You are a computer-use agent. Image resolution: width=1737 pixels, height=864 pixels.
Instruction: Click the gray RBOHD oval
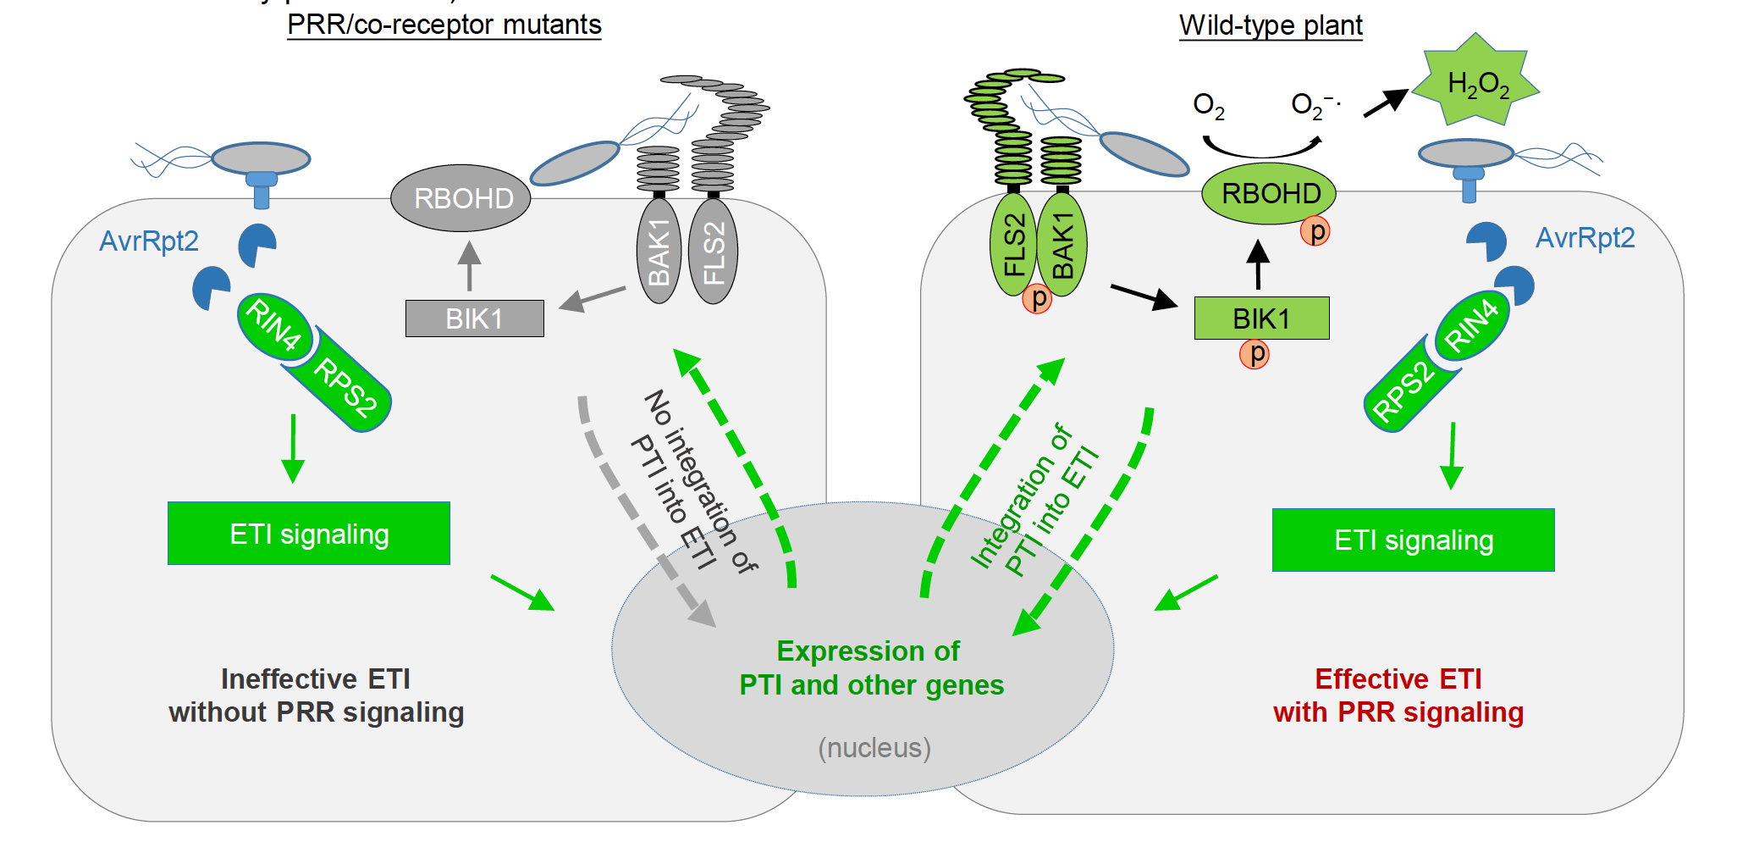click(460, 198)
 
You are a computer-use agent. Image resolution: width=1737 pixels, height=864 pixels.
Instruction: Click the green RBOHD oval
click(1269, 194)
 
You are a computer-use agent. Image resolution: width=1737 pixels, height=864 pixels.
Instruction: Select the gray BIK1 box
click(474, 318)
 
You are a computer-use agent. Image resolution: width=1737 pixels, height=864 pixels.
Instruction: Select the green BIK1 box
click(1261, 318)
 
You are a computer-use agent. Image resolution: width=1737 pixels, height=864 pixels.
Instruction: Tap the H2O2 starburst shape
click(1477, 82)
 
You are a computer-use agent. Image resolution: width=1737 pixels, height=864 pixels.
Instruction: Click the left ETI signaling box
click(309, 534)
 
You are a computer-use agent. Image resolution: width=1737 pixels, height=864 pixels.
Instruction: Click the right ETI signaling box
click(1413, 540)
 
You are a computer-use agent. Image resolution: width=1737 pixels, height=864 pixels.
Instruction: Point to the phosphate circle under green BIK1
click(1254, 353)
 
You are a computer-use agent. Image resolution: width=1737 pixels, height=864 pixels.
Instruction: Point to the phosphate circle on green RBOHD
click(1315, 230)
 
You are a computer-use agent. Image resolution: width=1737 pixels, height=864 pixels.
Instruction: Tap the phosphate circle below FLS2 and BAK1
click(1037, 298)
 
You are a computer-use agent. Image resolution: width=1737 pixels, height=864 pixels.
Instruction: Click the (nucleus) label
click(874, 748)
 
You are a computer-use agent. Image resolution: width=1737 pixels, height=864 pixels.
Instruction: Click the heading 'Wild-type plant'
click(1271, 25)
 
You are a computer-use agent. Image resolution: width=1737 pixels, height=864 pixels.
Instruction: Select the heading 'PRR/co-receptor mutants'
click(444, 25)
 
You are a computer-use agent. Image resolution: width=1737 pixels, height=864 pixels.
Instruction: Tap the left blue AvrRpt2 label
click(149, 241)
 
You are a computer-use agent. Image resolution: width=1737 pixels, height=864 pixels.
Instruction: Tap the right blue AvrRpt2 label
click(1585, 238)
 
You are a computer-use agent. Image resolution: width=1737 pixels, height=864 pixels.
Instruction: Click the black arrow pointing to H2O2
click(1385, 103)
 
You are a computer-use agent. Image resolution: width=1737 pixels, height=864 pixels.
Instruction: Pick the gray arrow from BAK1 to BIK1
click(593, 298)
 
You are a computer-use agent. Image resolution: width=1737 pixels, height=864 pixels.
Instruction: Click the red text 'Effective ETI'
click(1398, 679)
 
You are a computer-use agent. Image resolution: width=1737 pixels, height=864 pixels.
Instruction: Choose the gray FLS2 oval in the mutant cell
click(714, 252)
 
